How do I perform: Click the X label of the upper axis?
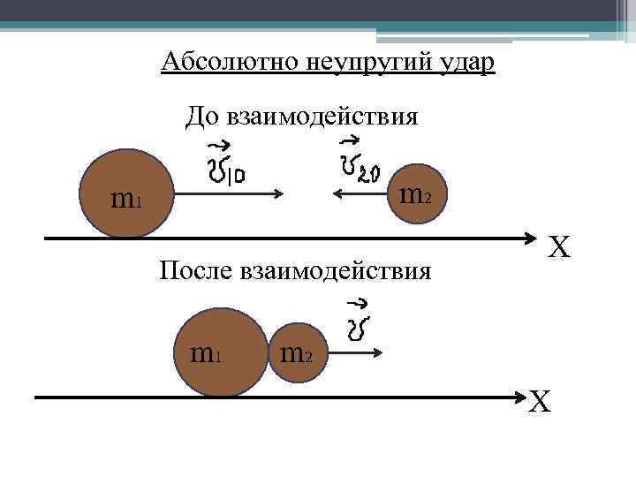tap(559, 246)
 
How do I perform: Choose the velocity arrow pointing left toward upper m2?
tap(361, 195)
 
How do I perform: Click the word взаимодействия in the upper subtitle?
tap(322, 116)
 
